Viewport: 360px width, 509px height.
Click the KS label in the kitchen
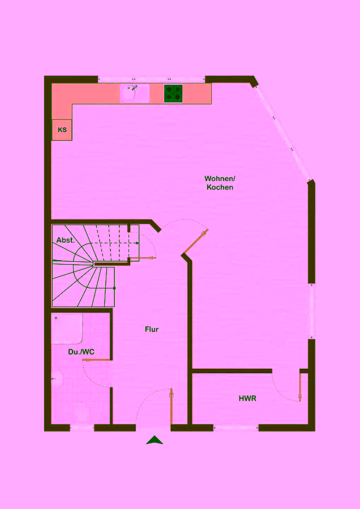62,130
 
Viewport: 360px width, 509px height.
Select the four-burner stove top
173,93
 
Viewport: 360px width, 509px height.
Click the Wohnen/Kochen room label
220,183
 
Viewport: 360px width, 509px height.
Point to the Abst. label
66,240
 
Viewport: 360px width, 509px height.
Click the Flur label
152,330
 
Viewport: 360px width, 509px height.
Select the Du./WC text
82,352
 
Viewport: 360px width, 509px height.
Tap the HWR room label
247,398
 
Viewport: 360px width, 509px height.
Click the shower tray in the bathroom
67,329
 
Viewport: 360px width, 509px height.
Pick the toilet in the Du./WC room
82,413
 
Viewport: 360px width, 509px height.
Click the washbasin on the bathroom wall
57,379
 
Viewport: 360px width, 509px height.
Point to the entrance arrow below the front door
155,440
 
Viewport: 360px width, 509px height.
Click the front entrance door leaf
172,406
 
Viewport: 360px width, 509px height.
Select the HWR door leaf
300,387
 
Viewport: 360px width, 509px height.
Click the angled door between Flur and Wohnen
196,241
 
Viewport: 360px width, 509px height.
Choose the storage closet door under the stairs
142,258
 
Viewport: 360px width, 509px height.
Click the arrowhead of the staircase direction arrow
138,243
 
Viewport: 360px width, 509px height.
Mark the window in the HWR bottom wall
236,428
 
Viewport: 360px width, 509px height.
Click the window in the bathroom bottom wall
82,428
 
